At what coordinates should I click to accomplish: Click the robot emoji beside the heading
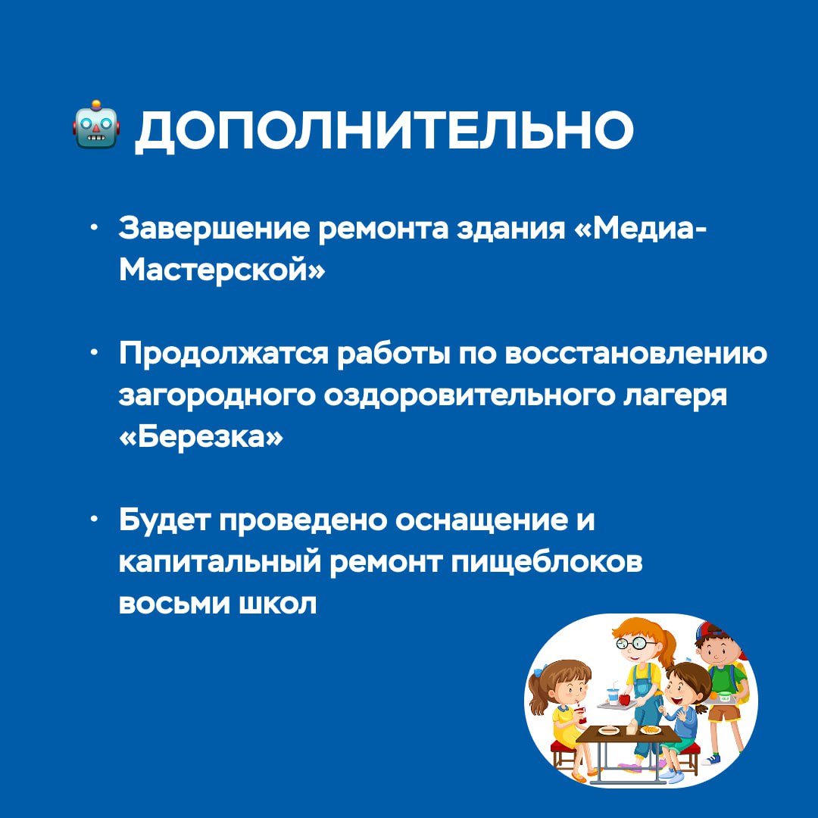[x=96, y=124]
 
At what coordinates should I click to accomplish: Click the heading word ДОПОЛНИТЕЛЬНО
[x=384, y=130]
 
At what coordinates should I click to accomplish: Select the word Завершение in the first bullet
[x=214, y=229]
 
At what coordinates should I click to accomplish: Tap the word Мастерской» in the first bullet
[x=222, y=270]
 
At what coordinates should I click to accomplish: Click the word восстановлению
[x=636, y=353]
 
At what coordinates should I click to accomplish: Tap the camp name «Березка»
[x=201, y=436]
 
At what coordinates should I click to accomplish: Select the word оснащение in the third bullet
[x=480, y=520]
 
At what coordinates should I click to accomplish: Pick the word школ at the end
[x=277, y=604]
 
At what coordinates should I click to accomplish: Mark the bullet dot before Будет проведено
[x=94, y=519]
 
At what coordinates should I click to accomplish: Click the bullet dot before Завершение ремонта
[x=94, y=227]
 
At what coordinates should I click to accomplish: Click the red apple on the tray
[x=624, y=699]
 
